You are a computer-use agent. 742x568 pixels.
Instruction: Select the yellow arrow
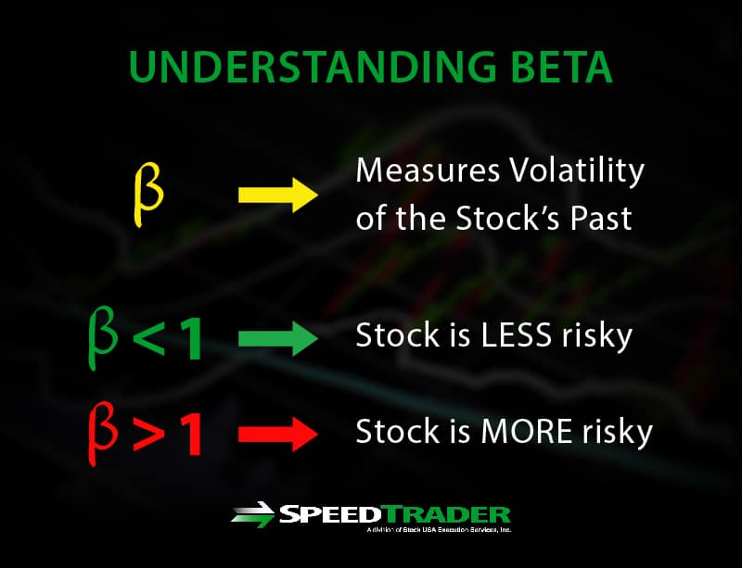pyautogui.click(x=278, y=196)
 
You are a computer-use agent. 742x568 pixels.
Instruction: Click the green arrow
pyautogui.click(x=278, y=339)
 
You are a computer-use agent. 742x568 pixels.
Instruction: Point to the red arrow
pyautogui.click(x=278, y=435)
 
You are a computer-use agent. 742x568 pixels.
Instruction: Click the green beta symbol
pyautogui.click(x=103, y=340)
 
